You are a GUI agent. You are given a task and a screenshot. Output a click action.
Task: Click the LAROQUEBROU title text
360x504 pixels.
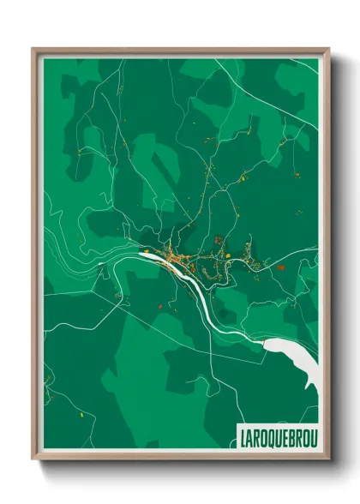273,435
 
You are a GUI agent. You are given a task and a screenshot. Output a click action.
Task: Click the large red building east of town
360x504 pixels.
281,267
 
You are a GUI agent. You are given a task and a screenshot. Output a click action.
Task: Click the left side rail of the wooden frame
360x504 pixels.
35,257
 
